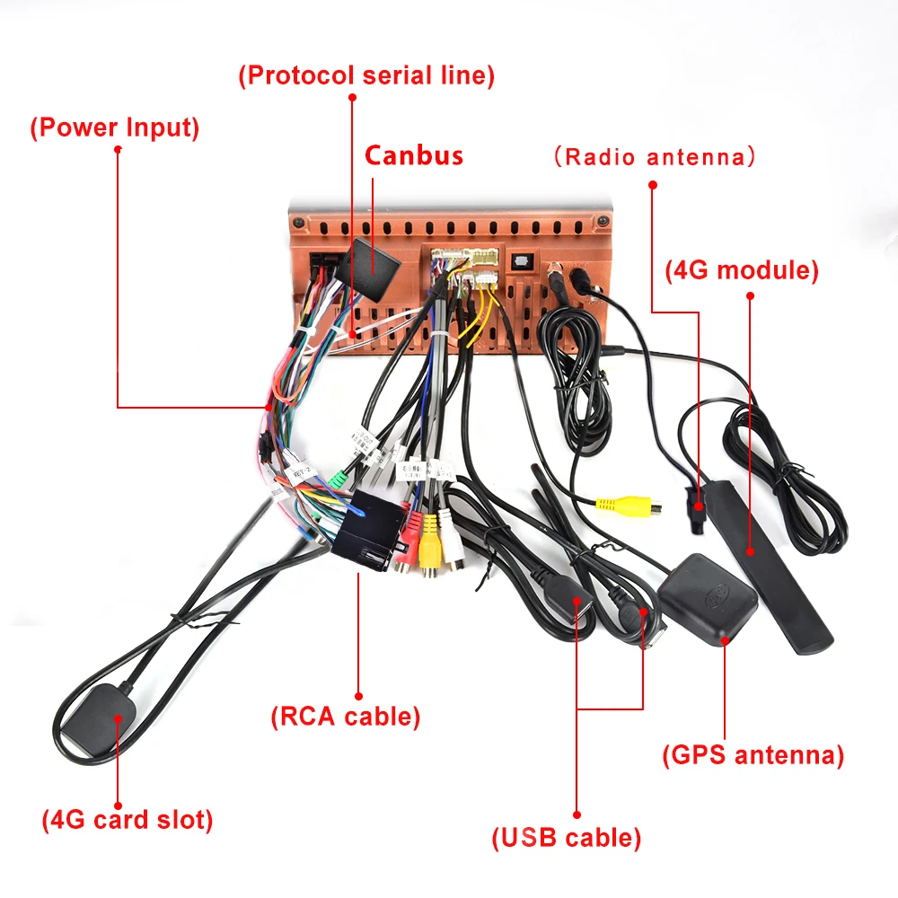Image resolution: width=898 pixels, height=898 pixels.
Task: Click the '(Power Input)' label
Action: [x=115, y=128]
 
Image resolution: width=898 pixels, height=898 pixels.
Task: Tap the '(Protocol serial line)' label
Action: [x=366, y=75]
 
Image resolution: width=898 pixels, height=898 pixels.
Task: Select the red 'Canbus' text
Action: [x=414, y=155]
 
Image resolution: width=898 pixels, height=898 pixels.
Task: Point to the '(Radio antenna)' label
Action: [x=654, y=157]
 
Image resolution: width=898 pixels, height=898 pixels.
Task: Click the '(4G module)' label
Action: [x=742, y=270]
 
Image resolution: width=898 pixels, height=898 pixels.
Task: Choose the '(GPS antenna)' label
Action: [x=753, y=755]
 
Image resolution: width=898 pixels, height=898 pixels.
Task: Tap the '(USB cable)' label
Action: [x=566, y=839]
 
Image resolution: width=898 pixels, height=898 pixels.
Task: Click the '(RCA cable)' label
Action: [x=346, y=717]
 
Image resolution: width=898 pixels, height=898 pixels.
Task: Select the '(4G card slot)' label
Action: [x=128, y=820]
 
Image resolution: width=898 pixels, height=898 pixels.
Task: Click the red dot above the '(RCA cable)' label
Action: [x=358, y=694]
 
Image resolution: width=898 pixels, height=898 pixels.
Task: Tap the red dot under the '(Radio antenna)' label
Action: [x=653, y=185]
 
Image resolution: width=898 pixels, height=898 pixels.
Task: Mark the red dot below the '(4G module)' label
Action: [x=750, y=295]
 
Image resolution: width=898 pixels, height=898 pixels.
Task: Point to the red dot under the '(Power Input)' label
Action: [x=117, y=149]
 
